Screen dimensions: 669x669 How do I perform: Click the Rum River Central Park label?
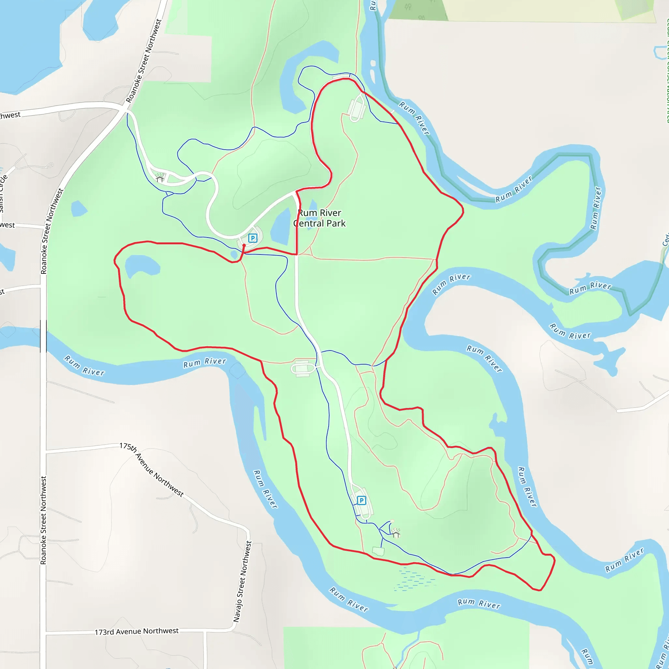click(319, 218)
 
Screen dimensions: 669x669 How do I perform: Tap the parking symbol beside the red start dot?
click(253, 238)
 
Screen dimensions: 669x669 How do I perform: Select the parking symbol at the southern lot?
click(361, 500)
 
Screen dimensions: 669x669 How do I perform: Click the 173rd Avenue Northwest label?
click(137, 631)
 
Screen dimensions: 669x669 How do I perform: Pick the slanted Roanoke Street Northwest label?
click(143, 61)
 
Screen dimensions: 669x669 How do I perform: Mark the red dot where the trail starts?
click(244, 245)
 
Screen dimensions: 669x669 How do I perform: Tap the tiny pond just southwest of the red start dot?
click(234, 254)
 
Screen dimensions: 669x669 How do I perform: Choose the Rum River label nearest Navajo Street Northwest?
click(265, 489)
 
